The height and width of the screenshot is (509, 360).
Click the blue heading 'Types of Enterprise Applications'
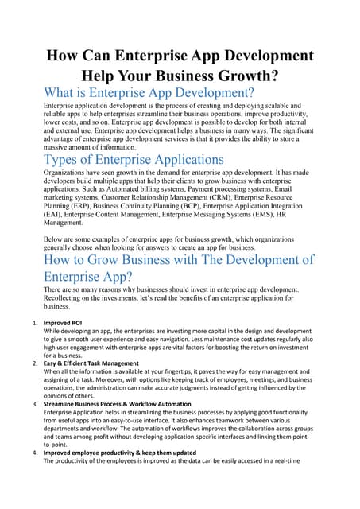tap(134, 160)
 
